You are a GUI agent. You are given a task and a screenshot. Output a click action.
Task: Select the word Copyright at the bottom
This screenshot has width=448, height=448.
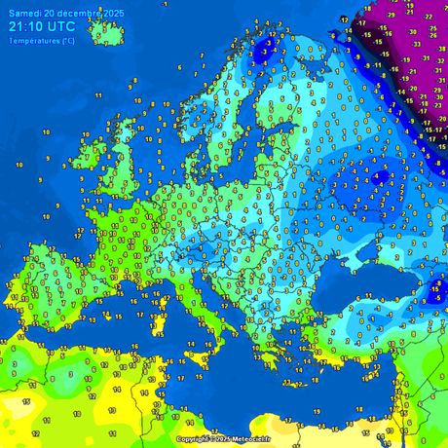coord(193,439)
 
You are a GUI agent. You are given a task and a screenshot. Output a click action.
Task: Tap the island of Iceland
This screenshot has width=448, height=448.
coord(107,33)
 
